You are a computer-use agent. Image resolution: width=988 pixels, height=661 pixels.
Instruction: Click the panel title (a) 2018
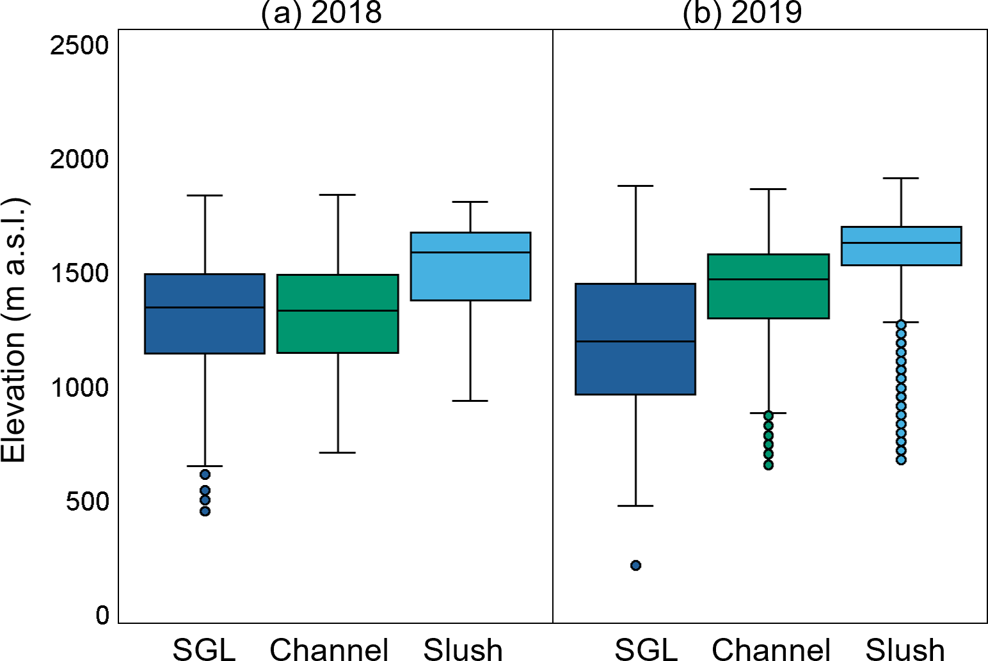point(321,13)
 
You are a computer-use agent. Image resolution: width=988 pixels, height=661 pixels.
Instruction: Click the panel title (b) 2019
point(742,13)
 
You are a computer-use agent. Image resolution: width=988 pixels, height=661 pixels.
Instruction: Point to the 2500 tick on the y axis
point(80,45)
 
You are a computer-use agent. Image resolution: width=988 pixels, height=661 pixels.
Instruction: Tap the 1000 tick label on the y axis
point(80,388)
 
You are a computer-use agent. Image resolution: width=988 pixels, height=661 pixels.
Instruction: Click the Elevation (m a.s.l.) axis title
point(14,330)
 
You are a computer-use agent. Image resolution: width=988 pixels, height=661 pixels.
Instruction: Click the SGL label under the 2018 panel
point(204,649)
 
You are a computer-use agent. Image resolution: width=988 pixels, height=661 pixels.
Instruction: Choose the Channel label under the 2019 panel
point(771,649)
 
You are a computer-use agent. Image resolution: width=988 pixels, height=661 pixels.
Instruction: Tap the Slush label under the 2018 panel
point(463,649)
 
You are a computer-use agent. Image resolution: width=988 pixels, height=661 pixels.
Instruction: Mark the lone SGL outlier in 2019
point(635,565)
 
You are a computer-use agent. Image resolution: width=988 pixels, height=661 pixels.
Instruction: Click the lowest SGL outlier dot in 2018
point(205,511)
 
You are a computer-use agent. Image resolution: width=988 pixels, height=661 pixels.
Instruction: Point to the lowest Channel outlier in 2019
point(768,465)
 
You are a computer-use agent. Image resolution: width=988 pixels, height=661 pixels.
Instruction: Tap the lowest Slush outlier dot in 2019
point(901,459)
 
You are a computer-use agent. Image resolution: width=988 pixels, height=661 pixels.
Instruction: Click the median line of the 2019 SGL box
point(635,341)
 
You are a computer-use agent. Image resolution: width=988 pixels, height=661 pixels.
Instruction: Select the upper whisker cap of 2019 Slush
point(901,179)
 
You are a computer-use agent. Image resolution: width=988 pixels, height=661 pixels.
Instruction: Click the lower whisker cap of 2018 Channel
point(337,452)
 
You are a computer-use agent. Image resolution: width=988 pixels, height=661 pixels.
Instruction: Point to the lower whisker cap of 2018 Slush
point(470,401)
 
